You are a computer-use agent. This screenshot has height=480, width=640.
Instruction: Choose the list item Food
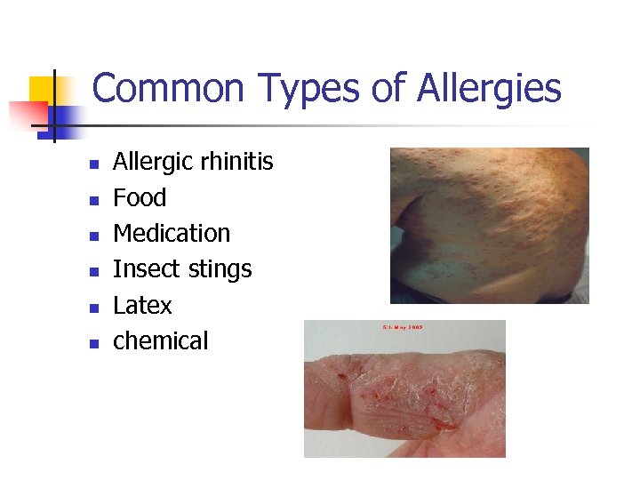pyautogui.click(x=140, y=197)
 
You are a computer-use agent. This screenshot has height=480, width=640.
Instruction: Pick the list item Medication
pyautogui.click(x=172, y=233)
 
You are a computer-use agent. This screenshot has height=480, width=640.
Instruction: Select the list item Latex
pyautogui.click(x=142, y=305)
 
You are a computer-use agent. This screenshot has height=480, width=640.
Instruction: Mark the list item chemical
pyautogui.click(x=160, y=340)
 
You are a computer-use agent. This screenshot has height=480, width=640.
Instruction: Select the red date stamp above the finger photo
pyautogui.click(x=403, y=327)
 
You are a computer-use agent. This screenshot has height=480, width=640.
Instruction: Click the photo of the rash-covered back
pyautogui.click(x=489, y=225)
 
